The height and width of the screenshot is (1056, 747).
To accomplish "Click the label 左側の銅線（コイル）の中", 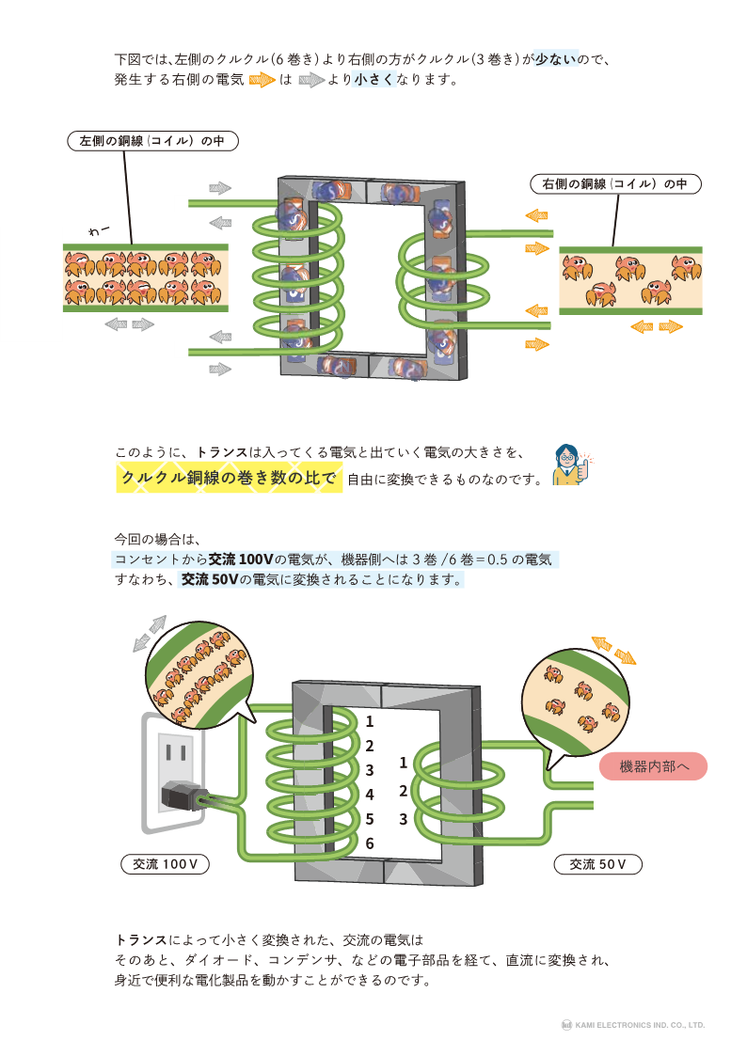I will click(x=152, y=141).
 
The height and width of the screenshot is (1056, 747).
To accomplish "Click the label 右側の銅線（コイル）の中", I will click(x=615, y=184).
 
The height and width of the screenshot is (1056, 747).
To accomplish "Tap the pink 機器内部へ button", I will click(x=652, y=766).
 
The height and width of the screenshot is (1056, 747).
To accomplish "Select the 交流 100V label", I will click(x=165, y=863).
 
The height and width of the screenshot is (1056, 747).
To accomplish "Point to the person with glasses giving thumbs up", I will click(x=569, y=464).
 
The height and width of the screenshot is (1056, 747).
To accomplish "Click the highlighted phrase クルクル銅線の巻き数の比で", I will click(x=229, y=479).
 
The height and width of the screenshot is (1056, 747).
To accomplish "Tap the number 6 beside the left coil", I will click(x=370, y=843).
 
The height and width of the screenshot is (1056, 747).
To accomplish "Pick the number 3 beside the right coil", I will click(x=403, y=819).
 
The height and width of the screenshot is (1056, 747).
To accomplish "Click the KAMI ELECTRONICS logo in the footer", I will click(x=568, y=1025).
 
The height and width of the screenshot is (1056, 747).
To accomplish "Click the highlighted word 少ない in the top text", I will click(x=554, y=58).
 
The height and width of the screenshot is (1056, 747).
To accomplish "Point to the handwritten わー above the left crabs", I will click(x=99, y=229).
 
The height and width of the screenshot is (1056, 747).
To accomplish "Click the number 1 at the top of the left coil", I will click(x=370, y=722).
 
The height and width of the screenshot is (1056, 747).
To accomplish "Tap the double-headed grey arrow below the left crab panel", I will click(x=130, y=324).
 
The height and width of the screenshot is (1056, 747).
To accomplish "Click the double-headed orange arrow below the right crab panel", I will click(x=656, y=326).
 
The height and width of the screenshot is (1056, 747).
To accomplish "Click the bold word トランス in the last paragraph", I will click(x=140, y=939).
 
